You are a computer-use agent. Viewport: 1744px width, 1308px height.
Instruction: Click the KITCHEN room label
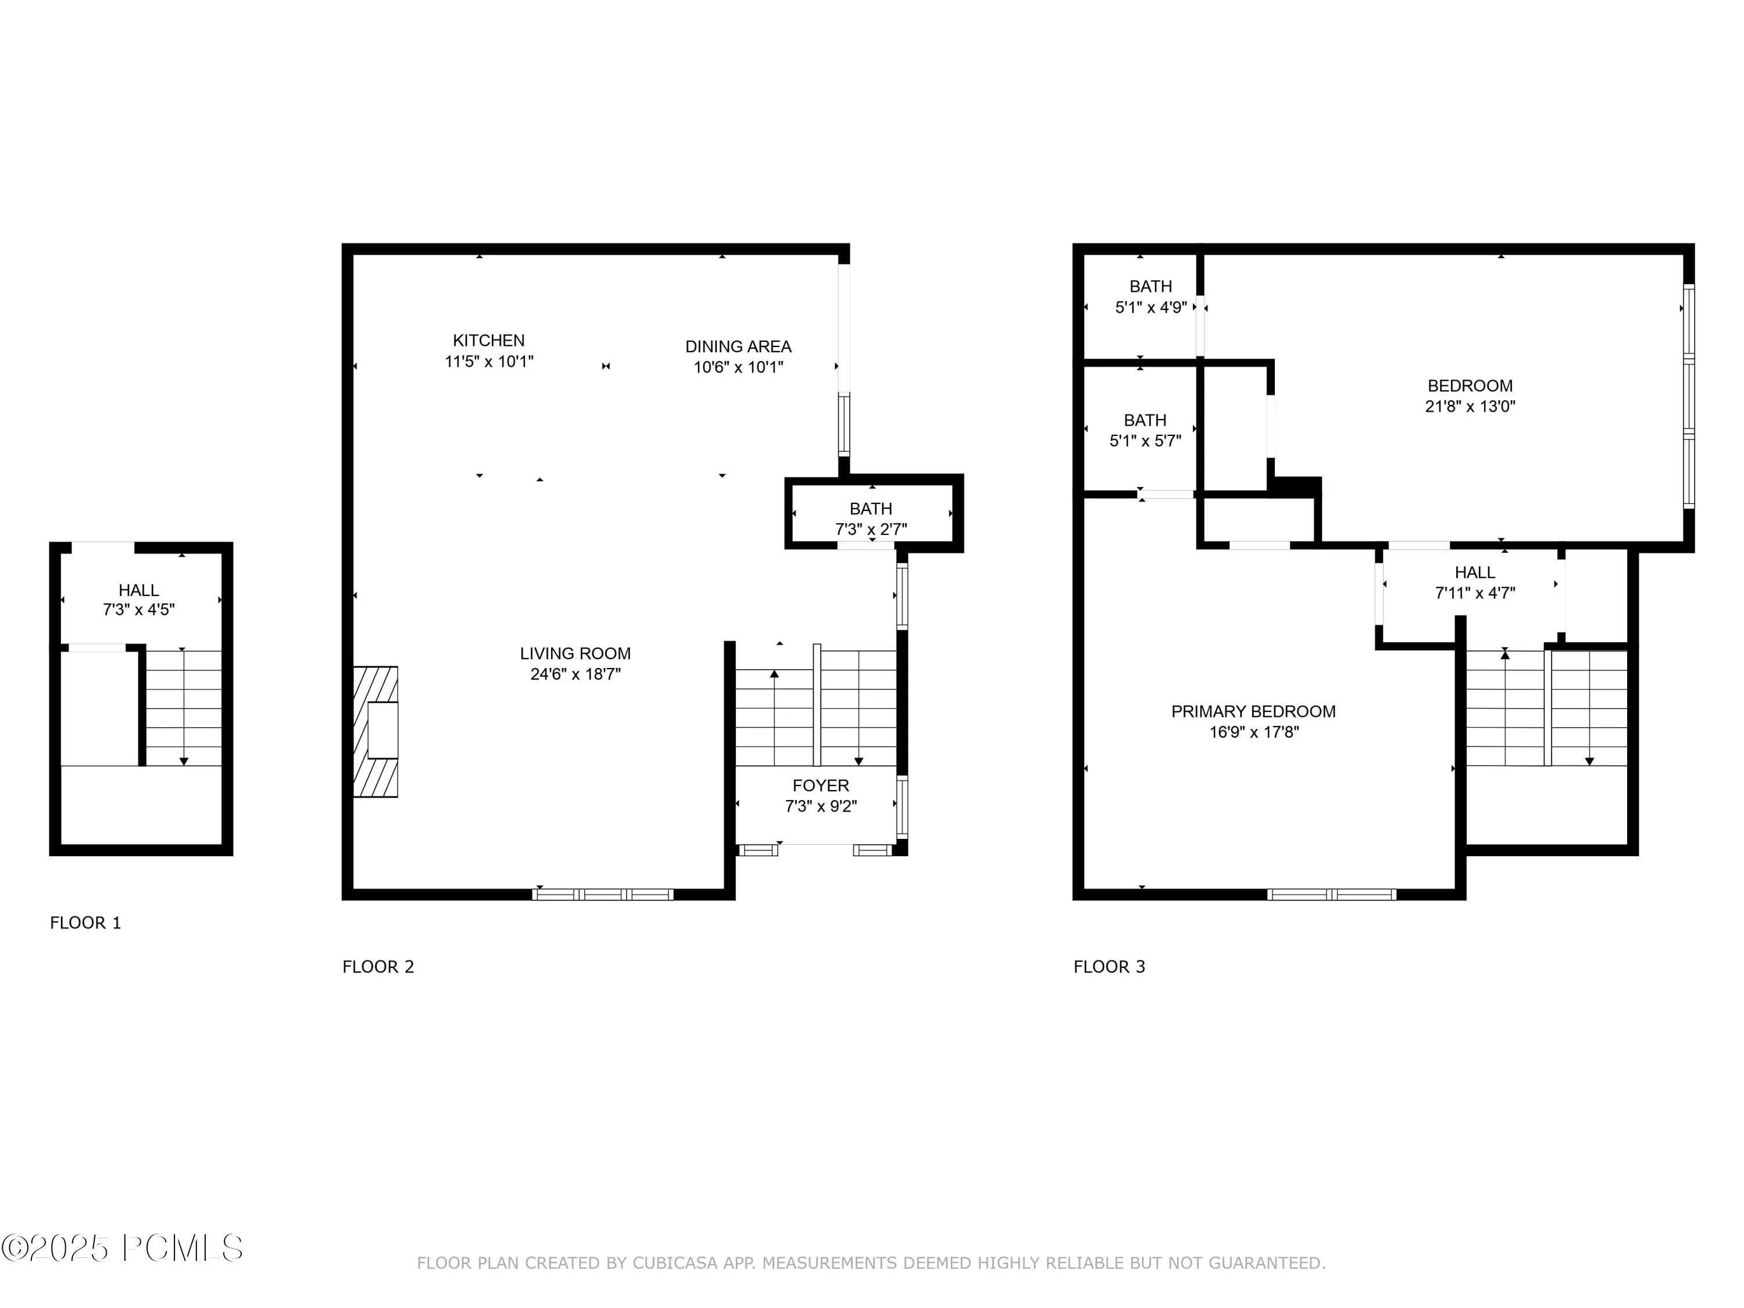(x=489, y=341)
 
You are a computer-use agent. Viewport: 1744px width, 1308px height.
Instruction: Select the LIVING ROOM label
(x=576, y=653)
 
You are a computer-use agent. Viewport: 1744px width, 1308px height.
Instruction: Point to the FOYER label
(x=821, y=785)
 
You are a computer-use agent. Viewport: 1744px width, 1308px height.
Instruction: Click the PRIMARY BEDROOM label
(x=1253, y=711)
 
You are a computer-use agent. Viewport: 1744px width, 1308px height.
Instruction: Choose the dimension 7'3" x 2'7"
(x=871, y=529)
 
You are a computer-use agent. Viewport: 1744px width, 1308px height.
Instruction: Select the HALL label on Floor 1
(x=139, y=589)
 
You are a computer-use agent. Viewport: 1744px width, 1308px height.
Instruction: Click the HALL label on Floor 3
(x=1475, y=573)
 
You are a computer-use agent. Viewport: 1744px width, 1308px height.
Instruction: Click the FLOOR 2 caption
(x=378, y=967)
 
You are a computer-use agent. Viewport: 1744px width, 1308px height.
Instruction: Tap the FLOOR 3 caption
(x=1109, y=967)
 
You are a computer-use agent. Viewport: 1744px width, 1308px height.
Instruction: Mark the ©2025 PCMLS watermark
(x=122, y=1248)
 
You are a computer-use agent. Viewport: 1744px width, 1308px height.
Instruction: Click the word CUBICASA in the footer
(x=676, y=1263)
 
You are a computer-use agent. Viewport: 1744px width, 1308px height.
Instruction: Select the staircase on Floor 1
(x=184, y=708)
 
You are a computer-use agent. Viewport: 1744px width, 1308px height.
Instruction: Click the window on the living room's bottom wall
(x=603, y=894)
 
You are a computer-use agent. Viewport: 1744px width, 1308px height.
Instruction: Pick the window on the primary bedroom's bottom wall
(x=1332, y=894)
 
